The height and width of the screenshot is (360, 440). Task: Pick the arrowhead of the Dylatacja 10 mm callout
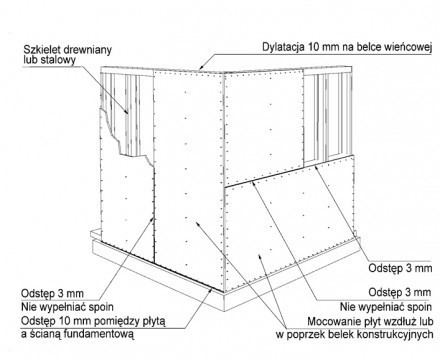(x=201, y=68)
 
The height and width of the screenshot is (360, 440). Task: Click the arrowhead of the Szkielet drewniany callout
(x=127, y=112)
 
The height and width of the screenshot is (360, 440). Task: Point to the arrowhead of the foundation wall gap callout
(x=211, y=291)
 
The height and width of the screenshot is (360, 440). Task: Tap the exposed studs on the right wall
(x=327, y=117)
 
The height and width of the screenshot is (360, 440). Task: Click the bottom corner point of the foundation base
(x=224, y=311)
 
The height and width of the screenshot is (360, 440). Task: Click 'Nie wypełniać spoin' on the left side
(x=67, y=307)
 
